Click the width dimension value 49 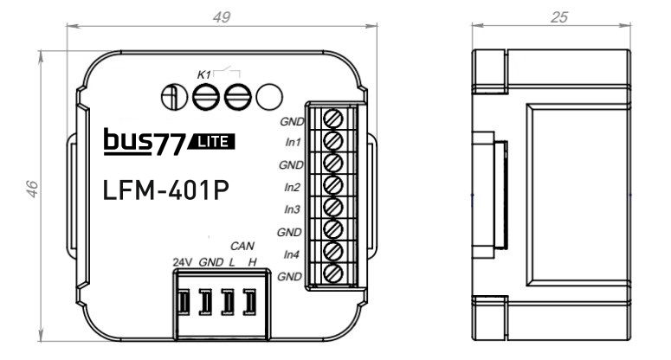coord(222,17)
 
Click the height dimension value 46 coord(32,189)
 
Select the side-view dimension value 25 coord(559,17)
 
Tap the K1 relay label coord(204,74)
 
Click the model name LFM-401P coord(166,190)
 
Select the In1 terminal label coord(294,142)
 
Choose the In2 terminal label coord(293,187)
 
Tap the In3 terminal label coord(293,209)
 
